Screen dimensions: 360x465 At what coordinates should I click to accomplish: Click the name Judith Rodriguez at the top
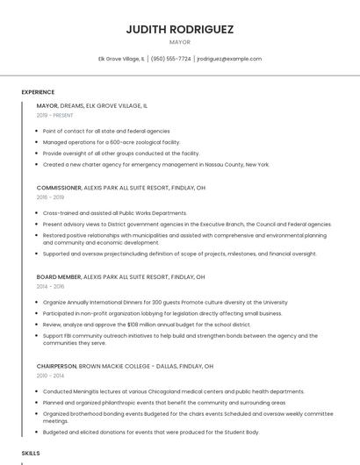click(x=179, y=29)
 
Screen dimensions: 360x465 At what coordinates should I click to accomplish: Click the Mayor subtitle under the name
click(x=179, y=41)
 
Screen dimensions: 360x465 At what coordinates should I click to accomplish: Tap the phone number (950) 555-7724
click(x=170, y=59)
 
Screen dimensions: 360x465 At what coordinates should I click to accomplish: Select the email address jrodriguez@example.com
click(x=229, y=59)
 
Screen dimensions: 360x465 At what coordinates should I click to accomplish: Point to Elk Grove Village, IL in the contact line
click(x=122, y=59)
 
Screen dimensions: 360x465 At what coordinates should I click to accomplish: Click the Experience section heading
click(x=38, y=92)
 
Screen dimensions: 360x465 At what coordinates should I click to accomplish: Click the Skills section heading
click(x=31, y=453)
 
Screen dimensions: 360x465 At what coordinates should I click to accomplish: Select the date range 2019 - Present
click(x=54, y=115)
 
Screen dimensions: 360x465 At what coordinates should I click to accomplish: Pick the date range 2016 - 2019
click(x=50, y=197)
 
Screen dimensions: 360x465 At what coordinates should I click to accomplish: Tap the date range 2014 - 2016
click(x=50, y=286)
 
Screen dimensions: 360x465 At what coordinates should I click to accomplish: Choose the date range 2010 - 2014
click(x=50, y=376)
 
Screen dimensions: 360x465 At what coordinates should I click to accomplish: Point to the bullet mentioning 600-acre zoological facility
click(x=112, y=142)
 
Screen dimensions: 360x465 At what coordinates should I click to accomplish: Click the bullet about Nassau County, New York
click(x=155, y=164)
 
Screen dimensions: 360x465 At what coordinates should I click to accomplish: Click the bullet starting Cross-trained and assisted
click(x=115, y=213)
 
